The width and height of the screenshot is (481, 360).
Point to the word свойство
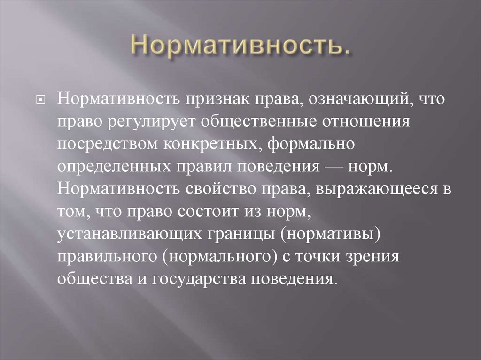tap(221, 189)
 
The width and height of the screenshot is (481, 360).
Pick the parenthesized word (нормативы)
tap(330, 235)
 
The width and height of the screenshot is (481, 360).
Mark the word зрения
tap(372, 257)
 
